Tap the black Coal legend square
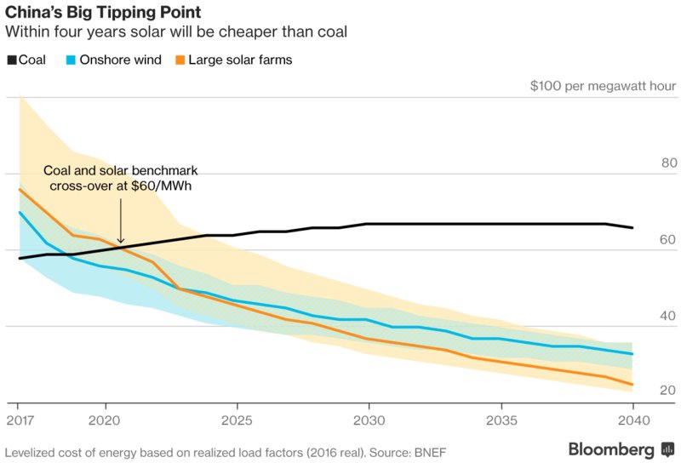[x=11, y=60]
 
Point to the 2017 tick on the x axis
[x=18, y=420]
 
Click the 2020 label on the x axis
[x=104, y=420]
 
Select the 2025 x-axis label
[x=236, y=420]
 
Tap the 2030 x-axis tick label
[x=368, y=420]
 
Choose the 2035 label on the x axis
[x=501, y=420]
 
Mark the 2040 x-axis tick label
[x=632, y=420]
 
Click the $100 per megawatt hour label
[x=602, y=86]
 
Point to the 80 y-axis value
[x=667, y=163]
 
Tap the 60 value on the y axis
[x=667, y=239]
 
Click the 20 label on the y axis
[x=667, y=390]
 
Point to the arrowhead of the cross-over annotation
[x=120, y=242]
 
